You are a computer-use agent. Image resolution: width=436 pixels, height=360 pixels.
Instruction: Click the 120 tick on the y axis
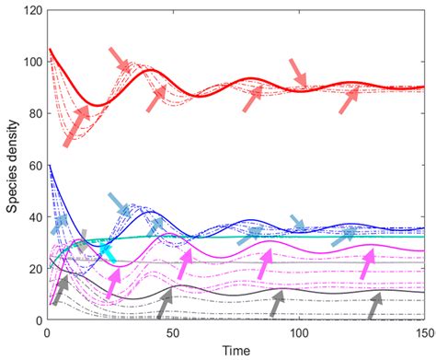[32, 12]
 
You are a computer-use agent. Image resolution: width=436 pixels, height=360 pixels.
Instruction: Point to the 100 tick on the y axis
[32, 64]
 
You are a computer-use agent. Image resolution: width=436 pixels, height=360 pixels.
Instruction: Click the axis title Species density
[12, 166]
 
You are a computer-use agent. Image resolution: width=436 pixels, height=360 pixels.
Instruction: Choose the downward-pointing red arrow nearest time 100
[298, 73]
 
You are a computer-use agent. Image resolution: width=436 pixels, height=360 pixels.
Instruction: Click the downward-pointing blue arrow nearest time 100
[298, 224]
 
